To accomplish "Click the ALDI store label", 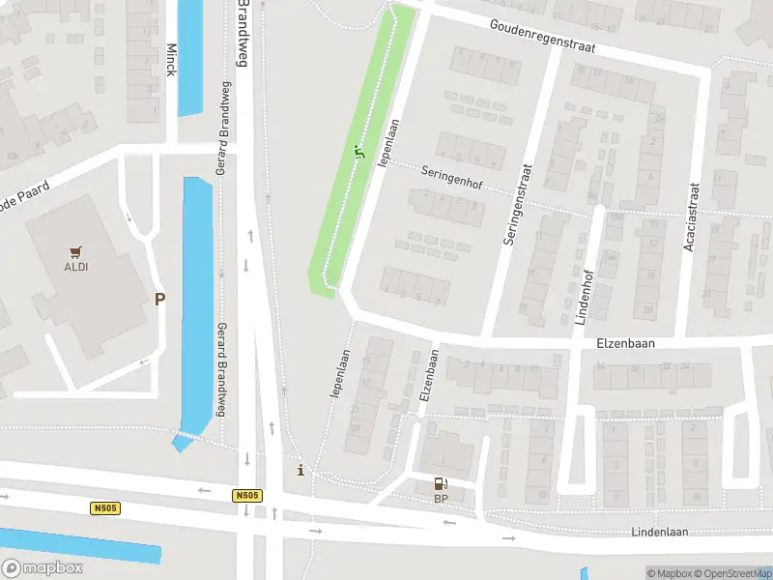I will [75, 267].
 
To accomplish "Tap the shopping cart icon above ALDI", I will [75, 250].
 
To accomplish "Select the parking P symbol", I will [159, 299].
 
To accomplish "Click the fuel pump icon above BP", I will [441, 483].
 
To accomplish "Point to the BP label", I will [441, 499].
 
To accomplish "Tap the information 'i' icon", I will [301, 471].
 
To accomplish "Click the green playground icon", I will [358, 151].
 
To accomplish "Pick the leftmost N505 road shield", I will [105, 508].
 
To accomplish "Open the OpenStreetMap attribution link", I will [732, 573].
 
